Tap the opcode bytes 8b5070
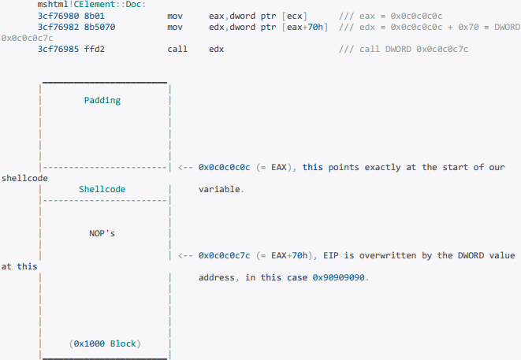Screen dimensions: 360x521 [100, 27]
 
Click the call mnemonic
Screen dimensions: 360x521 [177, 49]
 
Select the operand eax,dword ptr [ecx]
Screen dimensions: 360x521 [259, 16]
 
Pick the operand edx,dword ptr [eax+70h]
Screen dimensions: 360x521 [268, 27]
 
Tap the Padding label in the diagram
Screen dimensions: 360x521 [102, 100]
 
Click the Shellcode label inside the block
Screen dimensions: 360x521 [102, 189]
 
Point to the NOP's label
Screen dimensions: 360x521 [102, 233]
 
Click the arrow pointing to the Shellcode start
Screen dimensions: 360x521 [186, 167]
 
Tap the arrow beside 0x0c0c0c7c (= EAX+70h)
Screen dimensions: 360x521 [186, 255]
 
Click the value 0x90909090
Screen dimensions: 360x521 [340, 278]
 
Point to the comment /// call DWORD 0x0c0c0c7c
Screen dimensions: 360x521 [403, 49]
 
